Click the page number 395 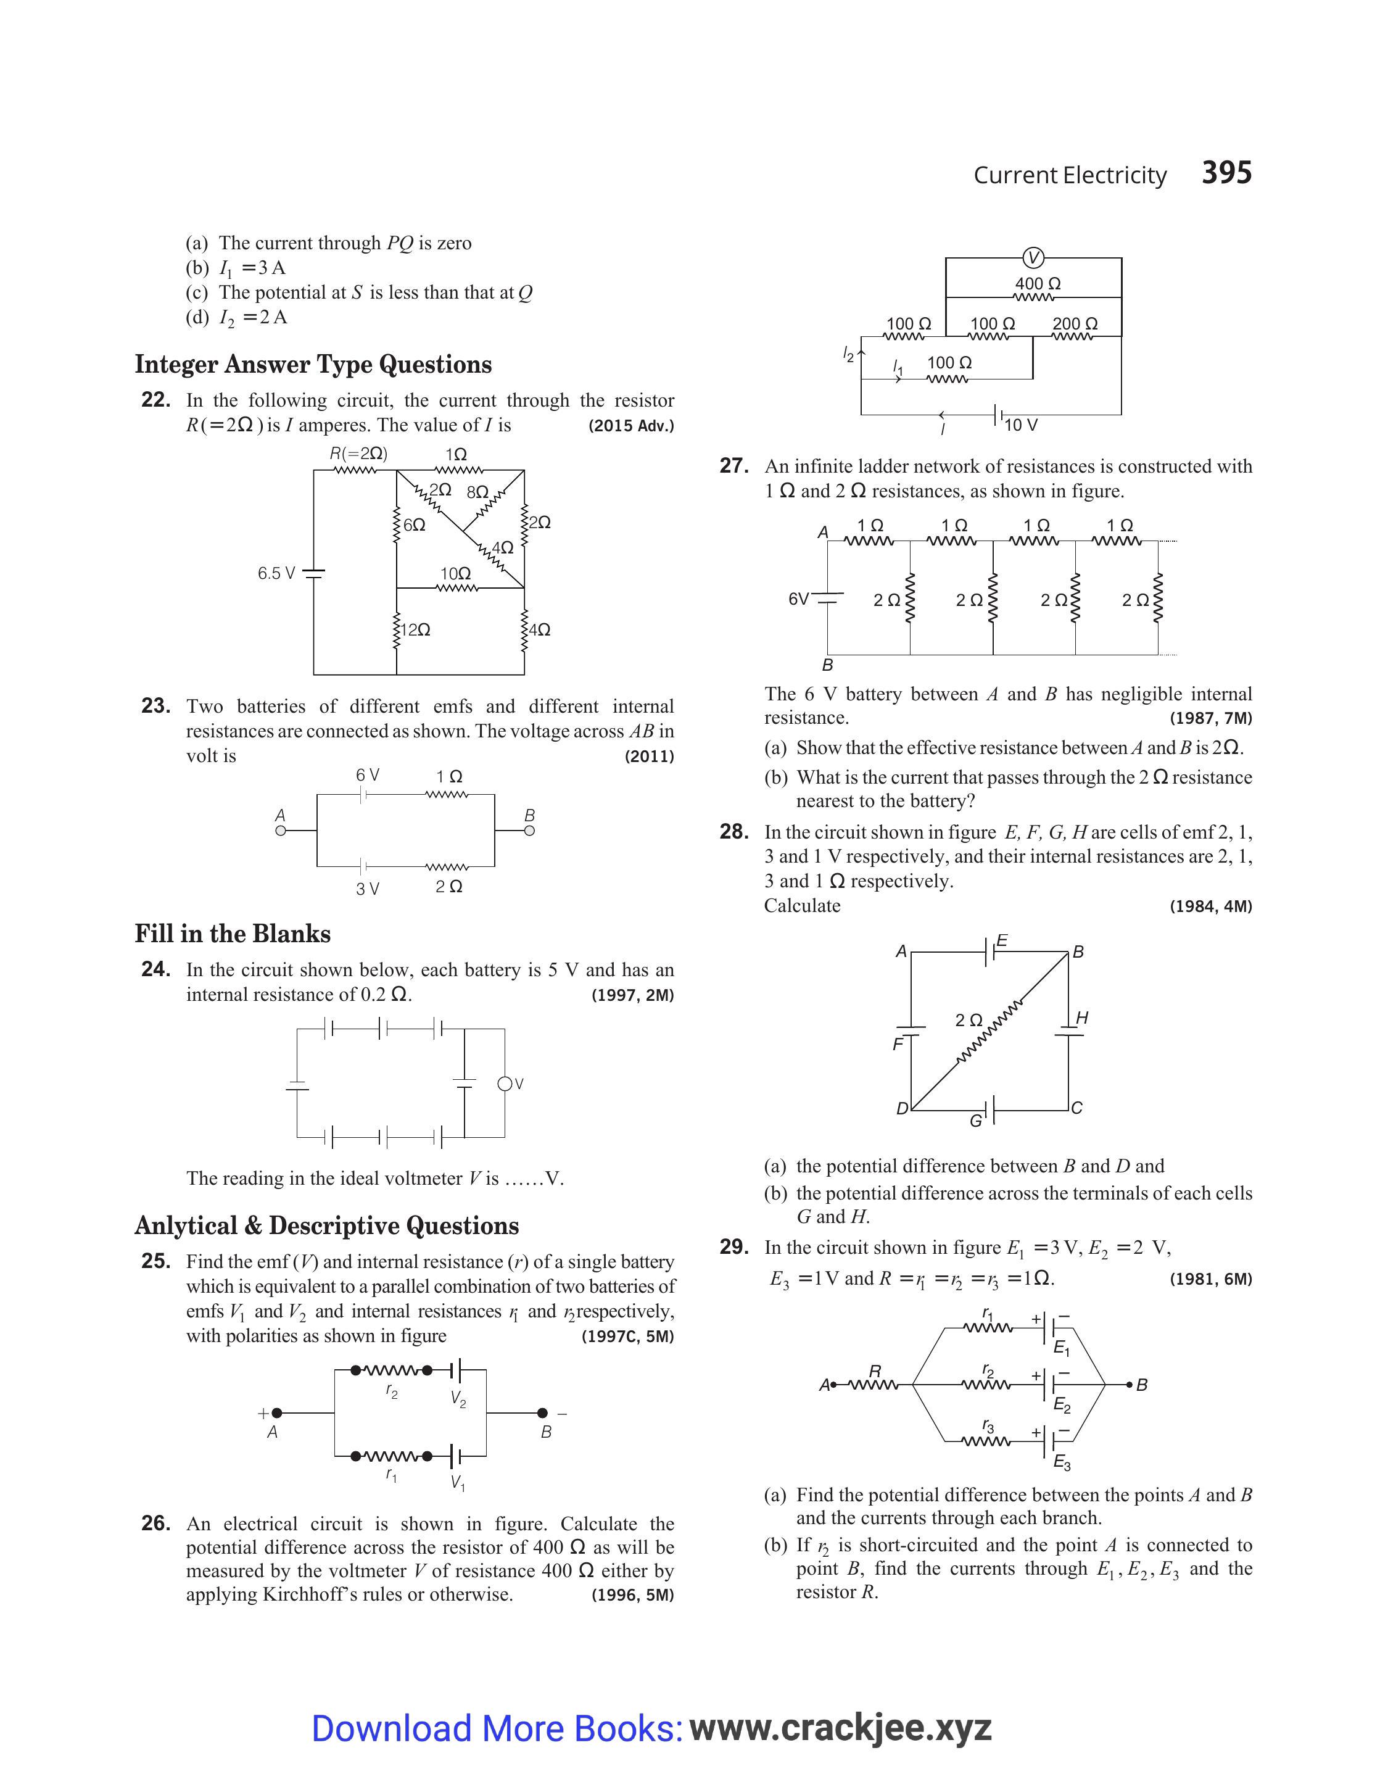pyautogui.click(x=1226, y=173)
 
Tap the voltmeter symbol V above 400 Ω pyautogui.click(x=1033, y=259)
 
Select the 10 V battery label pyautogui.click(x=1021, y=425)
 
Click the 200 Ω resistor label pyautogui.click(x=1075, y=323)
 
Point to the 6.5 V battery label pyautogui.click(x=276, y=574)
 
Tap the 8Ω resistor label pyautogui.click(x=477, y=492)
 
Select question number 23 pyautogui.click(x=155, y=706)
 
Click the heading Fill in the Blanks pyautogui.click(x=233, y=934)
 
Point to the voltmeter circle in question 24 pyautogui.click(x=505, y=1084)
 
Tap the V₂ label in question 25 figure pyautogui.click(x=458, y=1399)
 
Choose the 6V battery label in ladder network pyautogui.click(x=798, y=599)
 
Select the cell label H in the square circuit pyautogui.click(x=1081, y=1018)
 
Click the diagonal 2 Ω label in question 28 pyautogui.click(x=969, y=1020)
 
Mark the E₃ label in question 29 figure pyautogui.click(x=1061, y=1464)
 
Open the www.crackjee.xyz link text pyautogui.click(x=840, y=1728)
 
